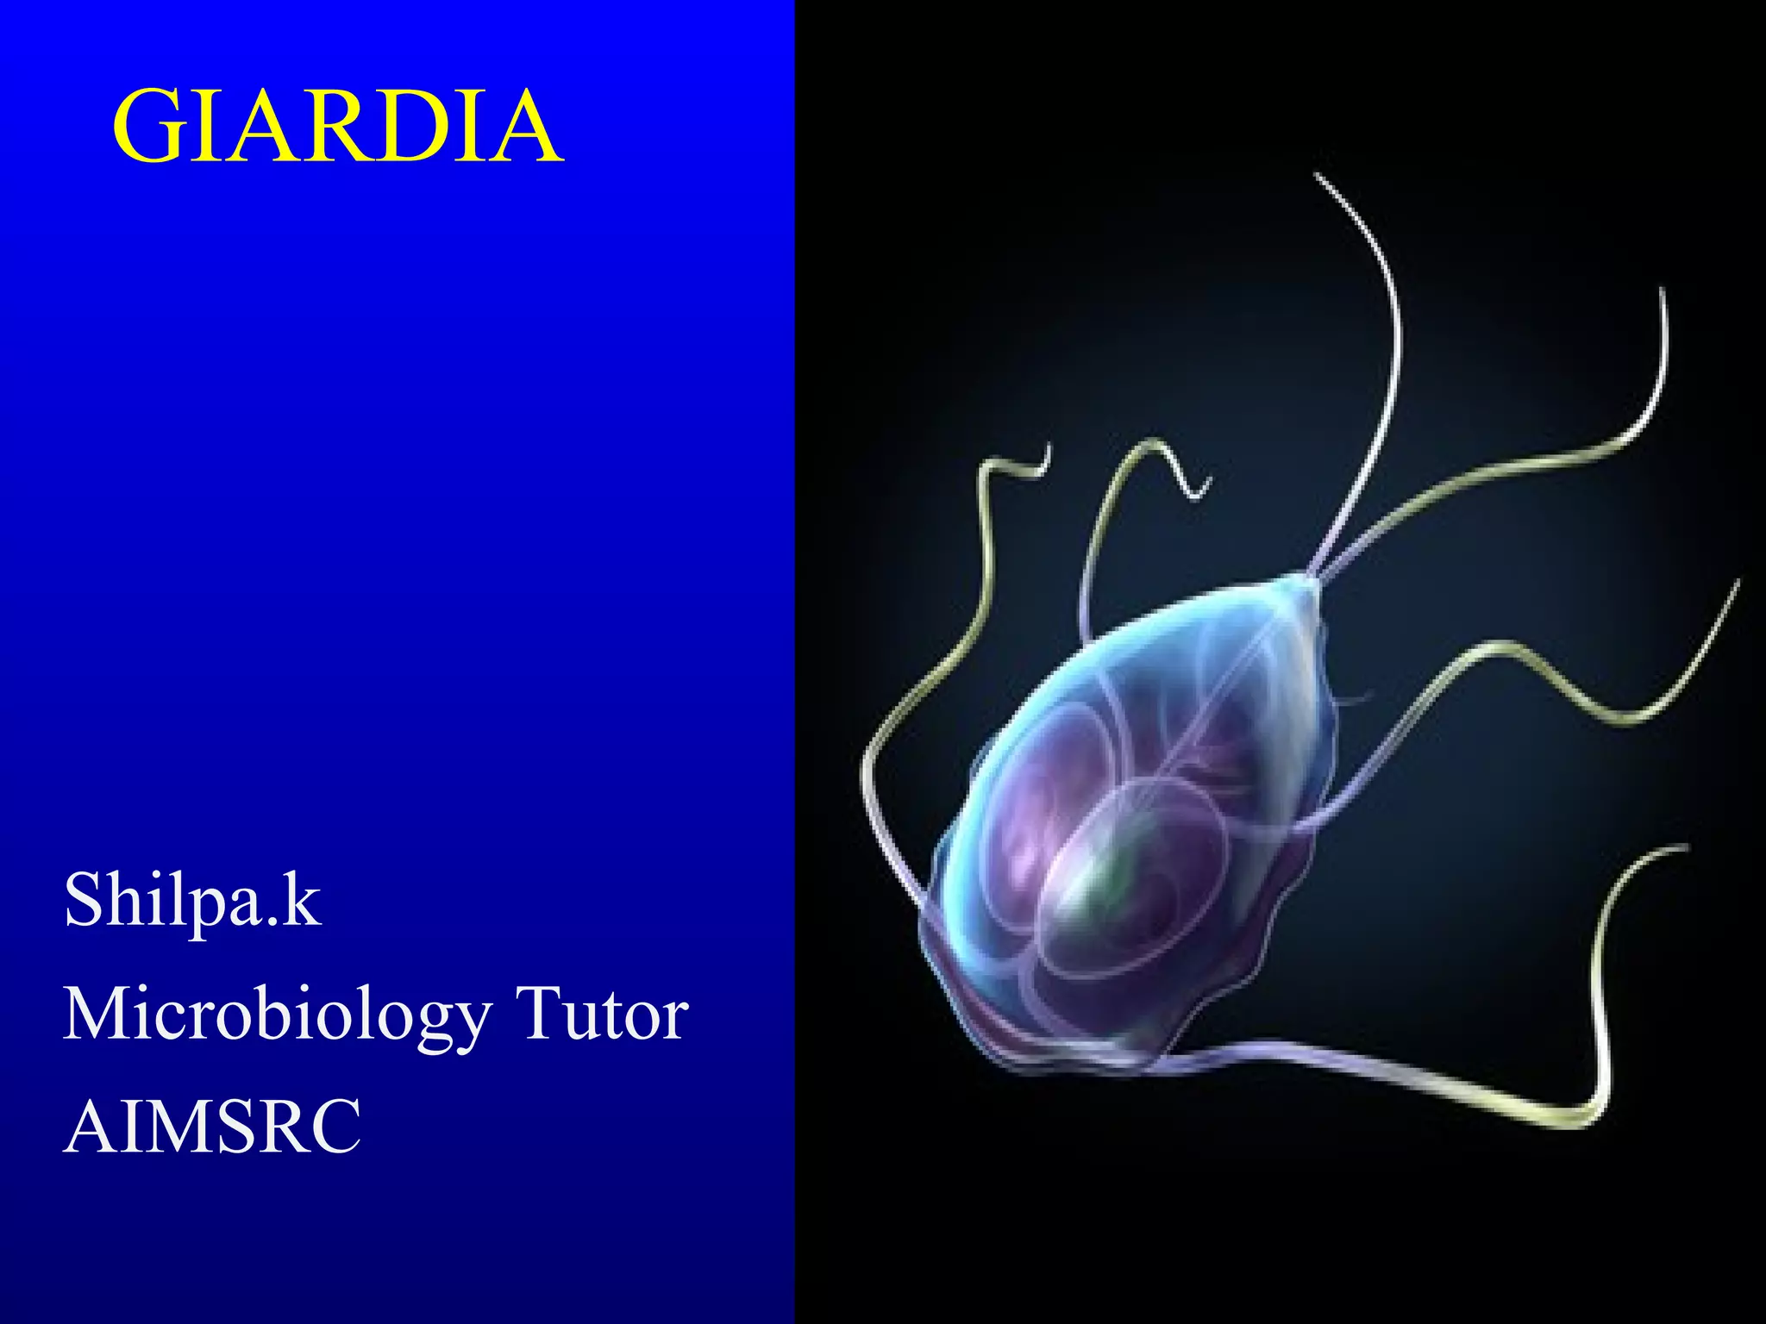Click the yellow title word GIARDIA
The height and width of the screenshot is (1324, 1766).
click(x=337, y=127)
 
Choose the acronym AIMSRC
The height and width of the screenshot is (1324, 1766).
click(x=212, y=1126)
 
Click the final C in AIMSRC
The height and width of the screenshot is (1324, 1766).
click(x=336, y=1126)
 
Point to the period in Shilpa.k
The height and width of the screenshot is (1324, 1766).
click(x=272, y=922)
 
